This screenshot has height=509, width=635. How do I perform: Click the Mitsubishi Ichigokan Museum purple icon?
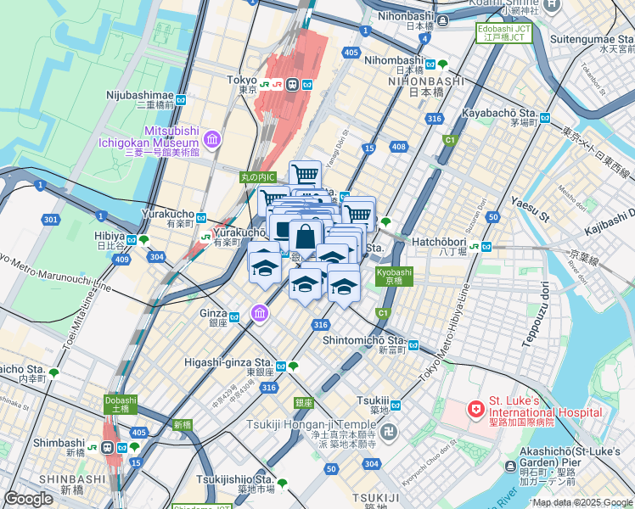point(212,137)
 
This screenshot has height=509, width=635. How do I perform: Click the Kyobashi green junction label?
point(394,277)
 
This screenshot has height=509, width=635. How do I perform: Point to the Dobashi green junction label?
point(120,405)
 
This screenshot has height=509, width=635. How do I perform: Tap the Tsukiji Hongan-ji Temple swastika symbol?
point(388,431)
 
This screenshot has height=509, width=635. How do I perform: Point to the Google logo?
point(28,500)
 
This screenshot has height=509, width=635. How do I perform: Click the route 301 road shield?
point(51,221)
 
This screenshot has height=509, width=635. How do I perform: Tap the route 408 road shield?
point(396,148)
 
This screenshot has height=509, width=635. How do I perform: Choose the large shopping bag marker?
point(304,238)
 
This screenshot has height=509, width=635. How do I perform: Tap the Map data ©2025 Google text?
point(582,502)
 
